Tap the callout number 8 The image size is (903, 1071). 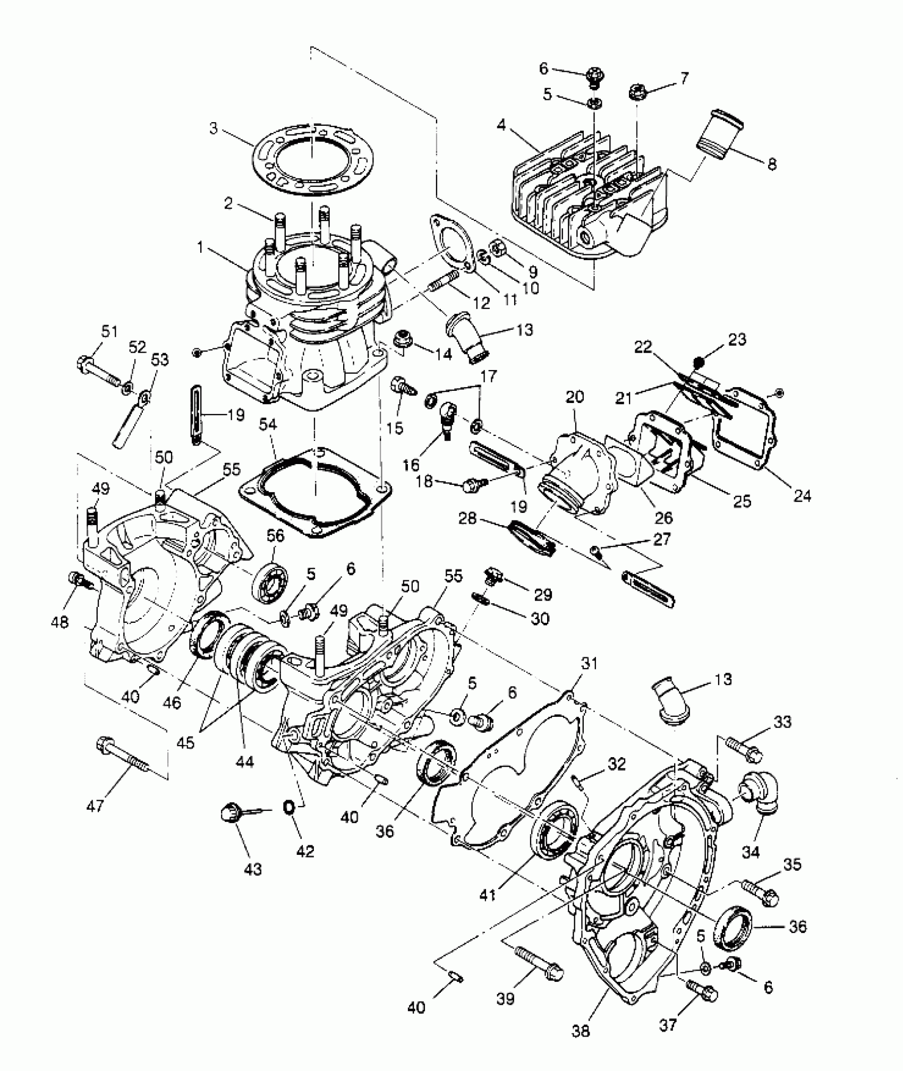point(771,164)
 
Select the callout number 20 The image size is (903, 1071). point(575,397)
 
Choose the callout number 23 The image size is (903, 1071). point(738,339)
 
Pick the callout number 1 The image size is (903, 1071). point(200,247)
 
